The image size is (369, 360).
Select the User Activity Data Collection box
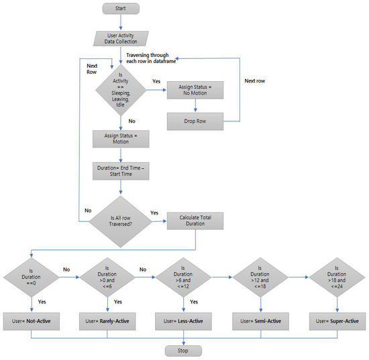121,38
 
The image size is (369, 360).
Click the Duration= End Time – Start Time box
121,171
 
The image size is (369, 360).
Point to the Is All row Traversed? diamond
121,221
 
